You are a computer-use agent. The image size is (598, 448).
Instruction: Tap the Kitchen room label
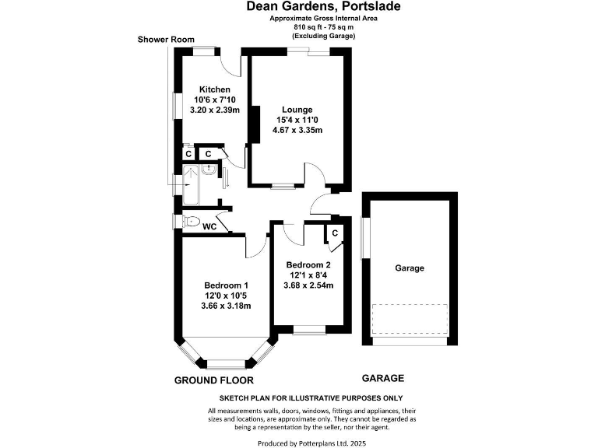point(214,89)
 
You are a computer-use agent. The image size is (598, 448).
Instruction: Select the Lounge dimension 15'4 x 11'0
point(297,120)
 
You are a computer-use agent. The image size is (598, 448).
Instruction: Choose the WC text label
point(209,227)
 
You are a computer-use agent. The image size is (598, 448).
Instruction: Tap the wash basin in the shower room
point(209,170)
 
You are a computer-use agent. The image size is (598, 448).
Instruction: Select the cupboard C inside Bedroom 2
point(334,233)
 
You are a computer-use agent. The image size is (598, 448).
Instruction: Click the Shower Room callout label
point(165,39)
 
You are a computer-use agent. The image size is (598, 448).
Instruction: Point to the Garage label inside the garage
point(410,268)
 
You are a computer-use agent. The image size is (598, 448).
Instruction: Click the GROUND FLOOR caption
point(213,380)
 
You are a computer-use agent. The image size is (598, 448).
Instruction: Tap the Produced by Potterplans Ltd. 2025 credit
point(311,442)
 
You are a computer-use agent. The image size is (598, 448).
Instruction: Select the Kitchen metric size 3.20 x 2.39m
point(214,110)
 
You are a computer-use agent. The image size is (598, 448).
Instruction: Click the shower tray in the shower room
point(189,185)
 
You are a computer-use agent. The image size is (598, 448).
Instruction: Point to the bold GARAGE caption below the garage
point(383,378)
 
